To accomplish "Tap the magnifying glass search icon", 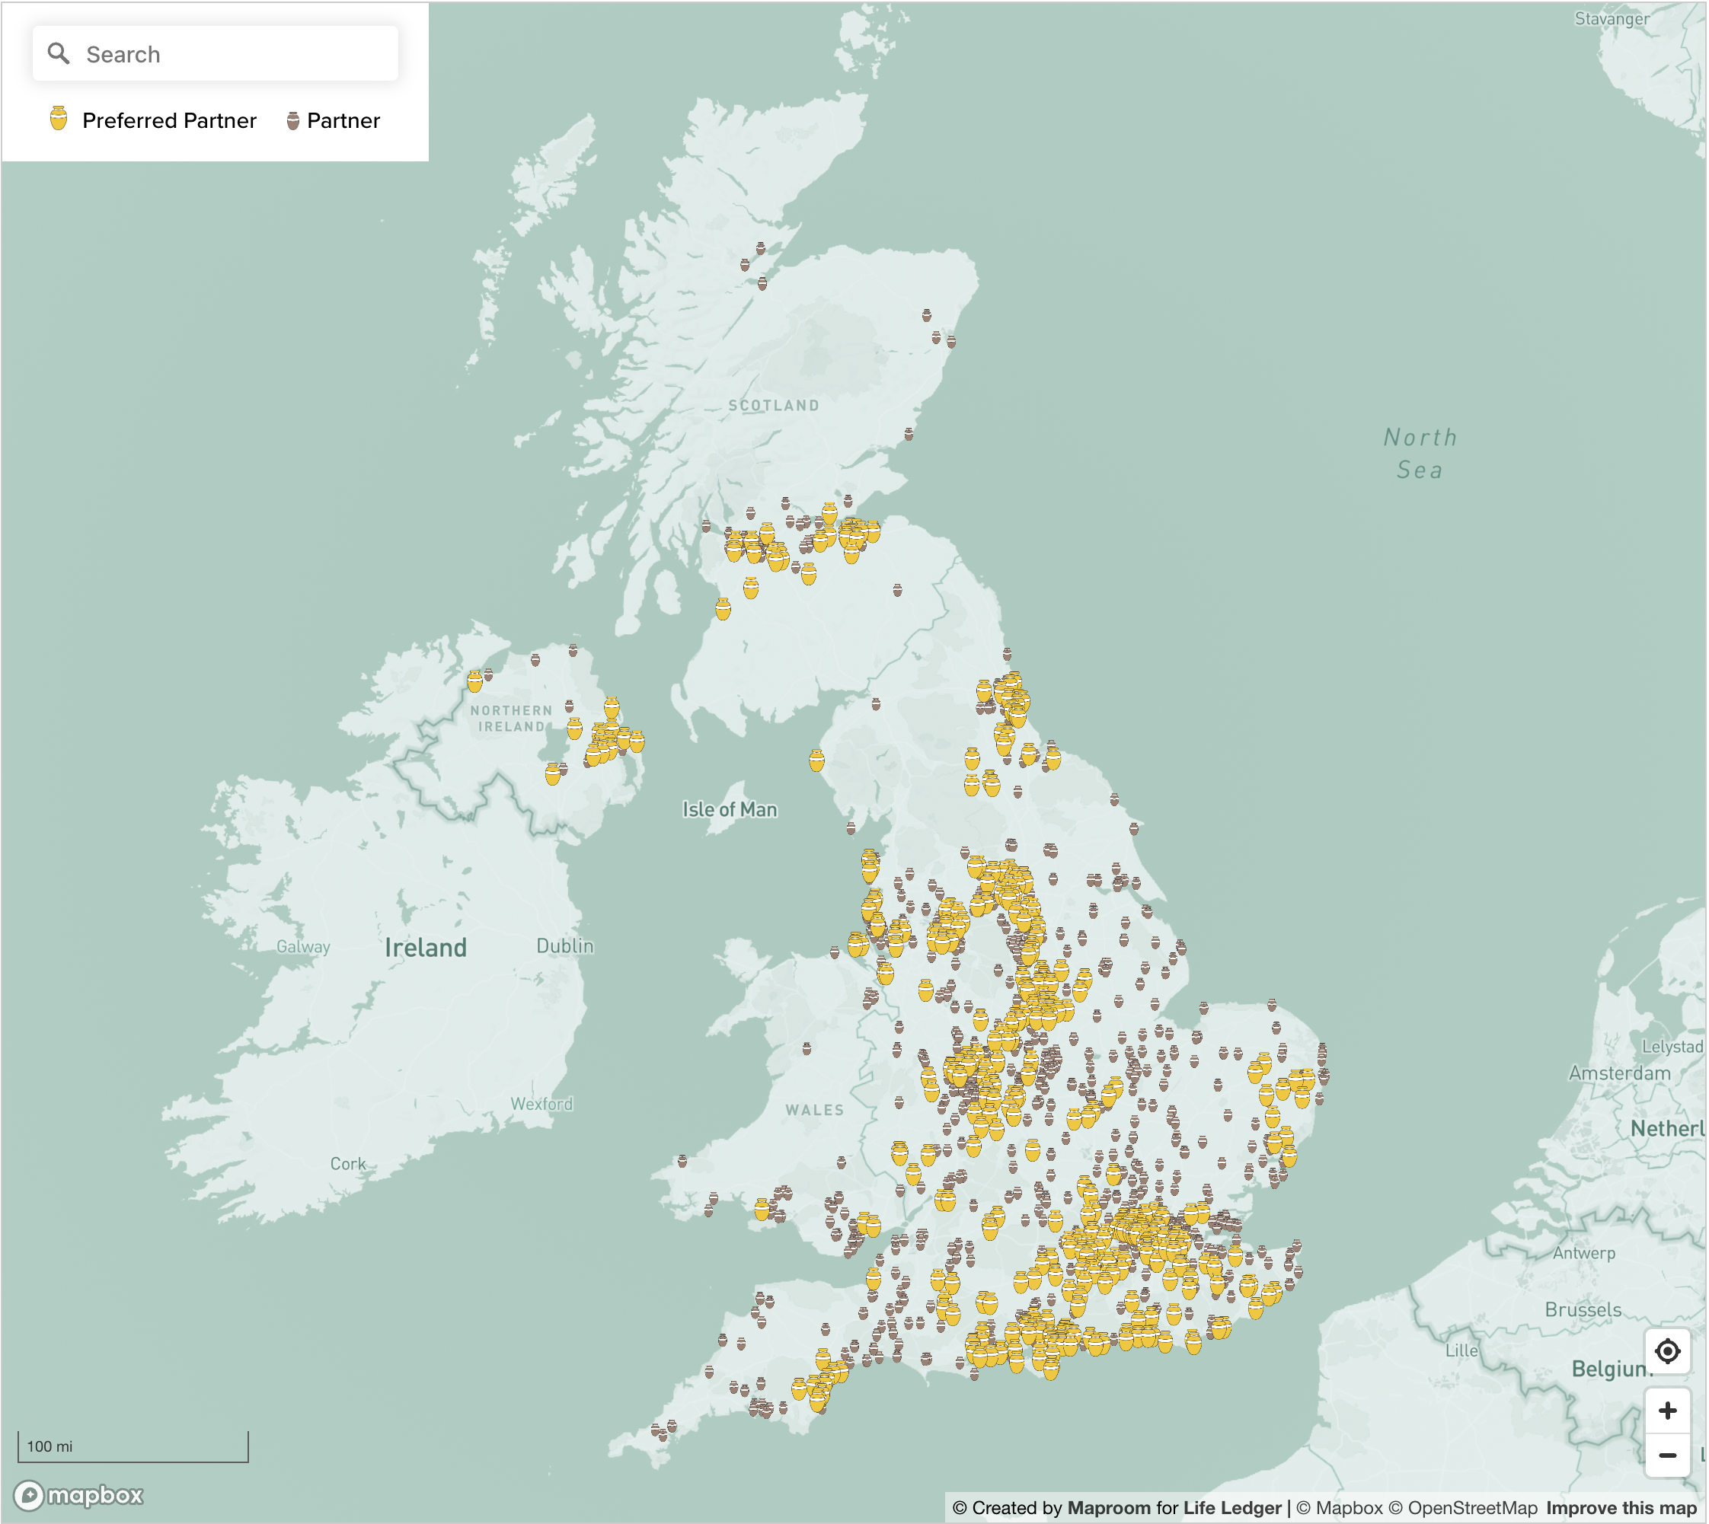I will click(58, 53).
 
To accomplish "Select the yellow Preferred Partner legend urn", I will click(58, 119).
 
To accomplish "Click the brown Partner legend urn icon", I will click(292, 120).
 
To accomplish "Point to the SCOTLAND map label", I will click(773, 405).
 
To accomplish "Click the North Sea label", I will click(1420, 453).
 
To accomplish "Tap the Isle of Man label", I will click(730, 810).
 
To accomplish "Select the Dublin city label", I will click(564, 946).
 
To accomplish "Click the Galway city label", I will click(303, 947).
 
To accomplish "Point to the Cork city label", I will click(347, 1164).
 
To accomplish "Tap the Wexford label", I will click(542, 1104).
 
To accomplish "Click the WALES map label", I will click(814, 1111).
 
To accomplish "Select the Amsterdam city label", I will click(1619, 1073).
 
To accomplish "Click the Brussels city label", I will click(1583, 1309).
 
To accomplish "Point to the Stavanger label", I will click(1612, 18).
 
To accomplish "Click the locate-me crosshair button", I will click(1667, 1351).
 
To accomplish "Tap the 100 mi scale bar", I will click(133, 1447).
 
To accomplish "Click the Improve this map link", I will click(1621, 1508).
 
